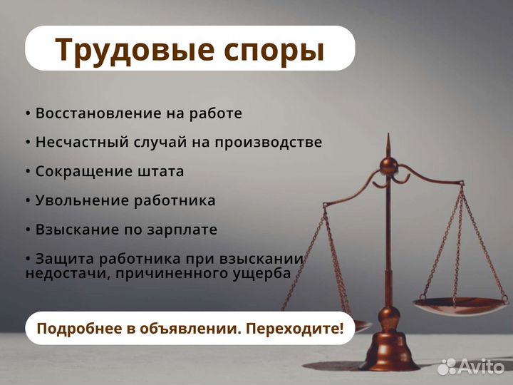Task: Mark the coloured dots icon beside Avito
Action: [x=447, y=366]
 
